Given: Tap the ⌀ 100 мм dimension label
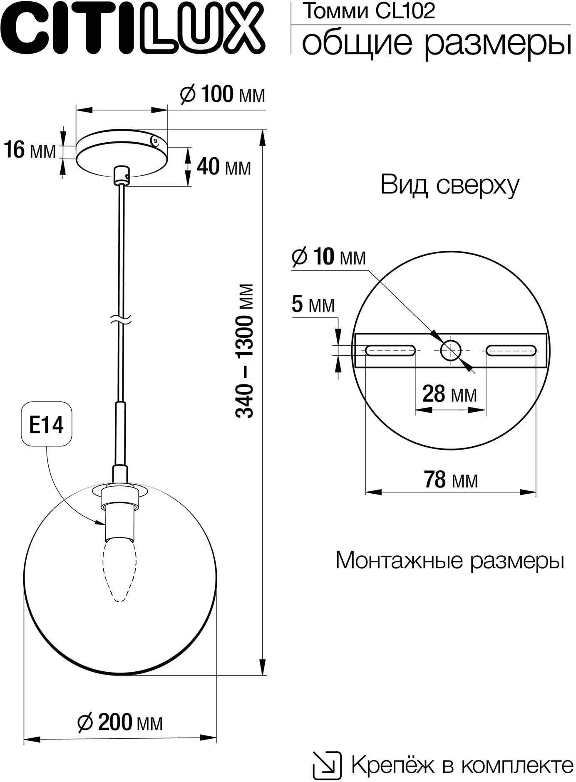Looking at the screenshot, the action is pyautogui.click(x=222, y=95).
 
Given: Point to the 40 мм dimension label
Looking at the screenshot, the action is pyautogui.click(x=224, y=167).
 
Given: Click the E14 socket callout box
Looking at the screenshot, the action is pyautogui.click(x=47, y=424).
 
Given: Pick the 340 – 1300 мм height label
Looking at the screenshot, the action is pyautogui.click(x=245, y=351).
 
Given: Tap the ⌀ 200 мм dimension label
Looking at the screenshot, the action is pyautogui.click(x=120, y=723).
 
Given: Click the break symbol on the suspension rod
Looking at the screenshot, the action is pyautogui.click(x=121, y=319).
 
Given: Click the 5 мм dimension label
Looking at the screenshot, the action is pyautogui.click(x=313, y=305).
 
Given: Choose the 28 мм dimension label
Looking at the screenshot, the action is pyautogui.click(x=449, y=393).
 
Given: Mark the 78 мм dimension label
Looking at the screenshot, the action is pyautogui.click(x=451, y=480).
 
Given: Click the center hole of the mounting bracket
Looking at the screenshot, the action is pyautogui.click(x=450, y=350).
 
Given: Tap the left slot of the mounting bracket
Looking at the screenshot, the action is pyautogui.click(x=390, y=350).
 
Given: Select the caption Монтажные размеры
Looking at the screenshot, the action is pyautogui.click(x=450, y=560).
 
